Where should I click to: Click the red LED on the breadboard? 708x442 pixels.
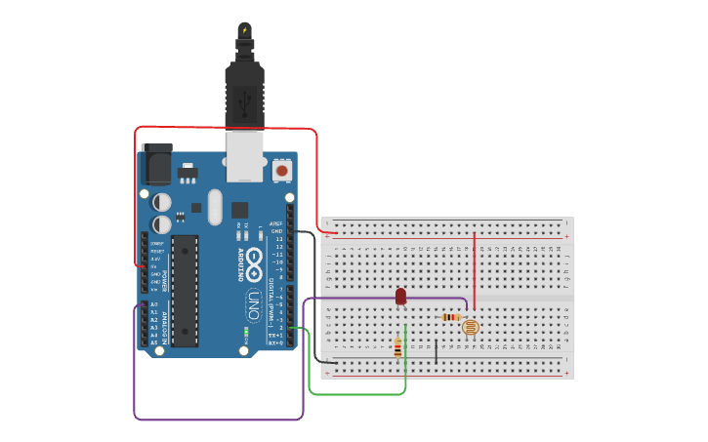coord(400,296)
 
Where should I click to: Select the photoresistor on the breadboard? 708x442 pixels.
coord(471,328)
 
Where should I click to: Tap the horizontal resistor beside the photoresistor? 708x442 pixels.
coord(450,317)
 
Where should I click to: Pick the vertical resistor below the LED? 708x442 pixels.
coord(397,347)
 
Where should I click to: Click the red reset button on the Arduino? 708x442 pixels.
coord(282,171)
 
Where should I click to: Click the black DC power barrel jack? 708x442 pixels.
coord(156,165)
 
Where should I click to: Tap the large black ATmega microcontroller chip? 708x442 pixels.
coord(185,290)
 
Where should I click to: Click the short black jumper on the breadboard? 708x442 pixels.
coord(436,349)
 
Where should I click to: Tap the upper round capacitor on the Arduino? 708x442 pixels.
coord(162,202)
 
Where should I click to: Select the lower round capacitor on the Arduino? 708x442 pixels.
coord(162,224)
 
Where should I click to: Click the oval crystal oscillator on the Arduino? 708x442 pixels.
coord(215,206)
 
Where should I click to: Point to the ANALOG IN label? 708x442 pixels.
coord(165,323)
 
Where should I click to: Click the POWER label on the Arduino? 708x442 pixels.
coord(165,277)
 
